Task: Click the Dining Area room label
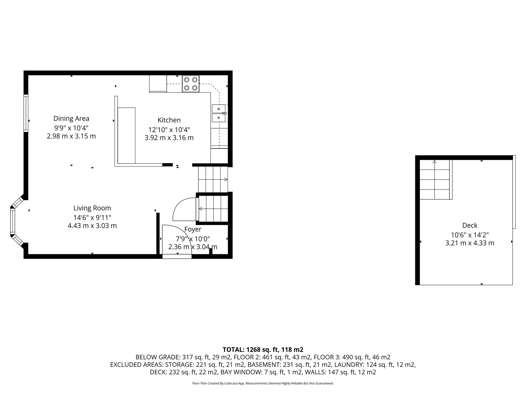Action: (71, 119)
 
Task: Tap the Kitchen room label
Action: (169, 120)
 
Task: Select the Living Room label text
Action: (92, 208)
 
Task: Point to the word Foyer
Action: (193, 229)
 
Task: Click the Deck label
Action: (470, 225)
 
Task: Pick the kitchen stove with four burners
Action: (191, 84)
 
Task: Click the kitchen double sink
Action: (219, 113)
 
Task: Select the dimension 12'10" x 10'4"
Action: (169, 130)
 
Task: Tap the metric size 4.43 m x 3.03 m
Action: (92, 226)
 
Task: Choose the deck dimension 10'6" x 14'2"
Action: (470, 235)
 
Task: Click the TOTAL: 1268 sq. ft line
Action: (263, 349)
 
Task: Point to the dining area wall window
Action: (26, 113)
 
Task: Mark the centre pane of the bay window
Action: (12, 221)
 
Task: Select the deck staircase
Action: (435, 180)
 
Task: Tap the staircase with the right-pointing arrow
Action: (213, 179)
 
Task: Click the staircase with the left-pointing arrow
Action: (213, 209)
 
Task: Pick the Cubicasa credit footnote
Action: (263, 383)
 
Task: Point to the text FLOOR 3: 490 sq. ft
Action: (352, 357)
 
